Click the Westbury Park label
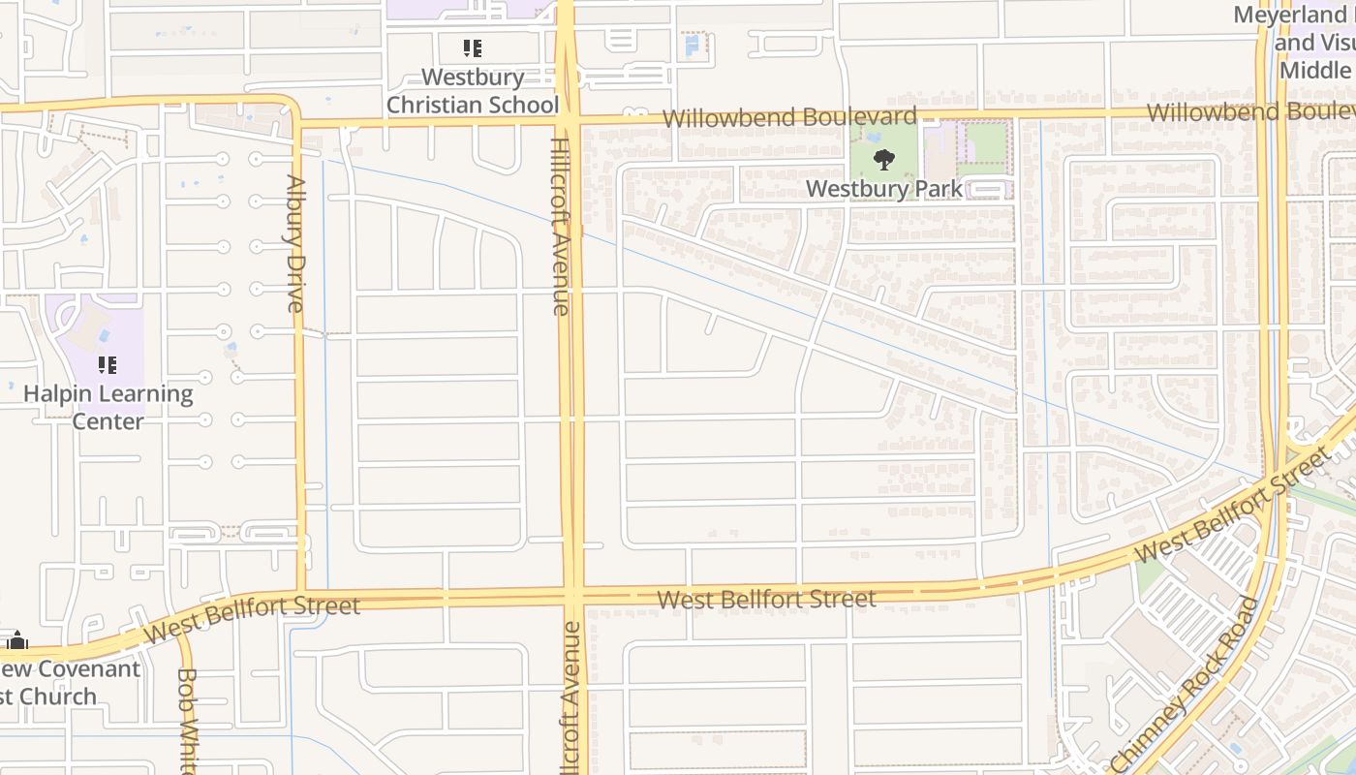tap(883, 189)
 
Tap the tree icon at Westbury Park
tap(883, 159)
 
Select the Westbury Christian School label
tap(473, 91)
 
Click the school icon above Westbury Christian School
tap(473, 47)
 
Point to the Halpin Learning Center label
tap(108, 408)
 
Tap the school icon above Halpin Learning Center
tap(108, 365)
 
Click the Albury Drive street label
tap(296, 243)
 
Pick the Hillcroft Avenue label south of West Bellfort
tap(571, 697)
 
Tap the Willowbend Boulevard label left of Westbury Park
tap(789, 117)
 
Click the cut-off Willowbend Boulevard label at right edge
tap(1249, 112)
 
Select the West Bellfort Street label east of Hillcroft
tap(766, 600)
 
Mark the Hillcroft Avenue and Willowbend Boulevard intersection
tap(569, 121)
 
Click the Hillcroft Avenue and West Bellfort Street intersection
tap(573, 594)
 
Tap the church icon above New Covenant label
tap(16, 640)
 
